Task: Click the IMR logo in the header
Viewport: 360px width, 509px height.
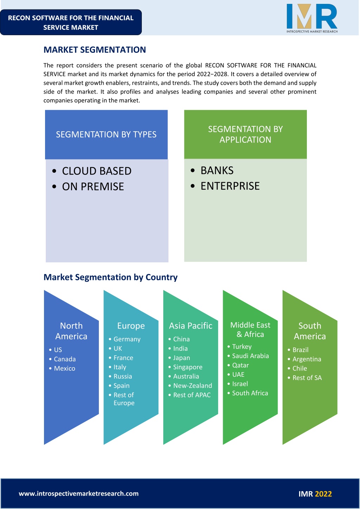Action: pyautogui.click(x=312, y=18)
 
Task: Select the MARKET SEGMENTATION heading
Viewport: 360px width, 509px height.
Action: pyautogui.click(x=95, y=50)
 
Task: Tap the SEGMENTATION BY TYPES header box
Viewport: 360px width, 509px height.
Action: pyautogui.click(x=106, y=134)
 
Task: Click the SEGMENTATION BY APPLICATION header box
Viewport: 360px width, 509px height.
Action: pyautogui.click(x=246, y=134)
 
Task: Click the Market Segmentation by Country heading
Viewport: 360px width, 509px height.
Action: pyautogui.click(x=110, y=277)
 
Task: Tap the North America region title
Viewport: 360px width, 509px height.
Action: pyautogui.click(x=71, y=331)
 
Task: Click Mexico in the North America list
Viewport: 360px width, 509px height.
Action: pyautogui.click(x=64, y=368)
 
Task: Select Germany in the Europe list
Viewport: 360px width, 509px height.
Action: pyautogui.click(x=127, y=339)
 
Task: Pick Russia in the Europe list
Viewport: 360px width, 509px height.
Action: pyautogui.click(x=123, y=376)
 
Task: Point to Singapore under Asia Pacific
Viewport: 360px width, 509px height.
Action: pyautogui.click(x=188, y=367)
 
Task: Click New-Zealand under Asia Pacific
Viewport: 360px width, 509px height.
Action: pyautogui.click(x=193, y=386)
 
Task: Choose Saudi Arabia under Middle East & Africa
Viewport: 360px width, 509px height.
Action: pyautogui.click(x=251, y=356)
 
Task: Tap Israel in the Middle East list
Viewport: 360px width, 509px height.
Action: pyautogui.click(x=240, y=384)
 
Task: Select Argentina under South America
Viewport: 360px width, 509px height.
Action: pyautogui.click(x=307, y=359)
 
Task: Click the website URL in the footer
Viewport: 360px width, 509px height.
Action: pyautogui.click(x=78, y=494)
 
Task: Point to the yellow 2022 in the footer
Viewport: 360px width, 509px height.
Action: pyautogui.click(x=323, y=494)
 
